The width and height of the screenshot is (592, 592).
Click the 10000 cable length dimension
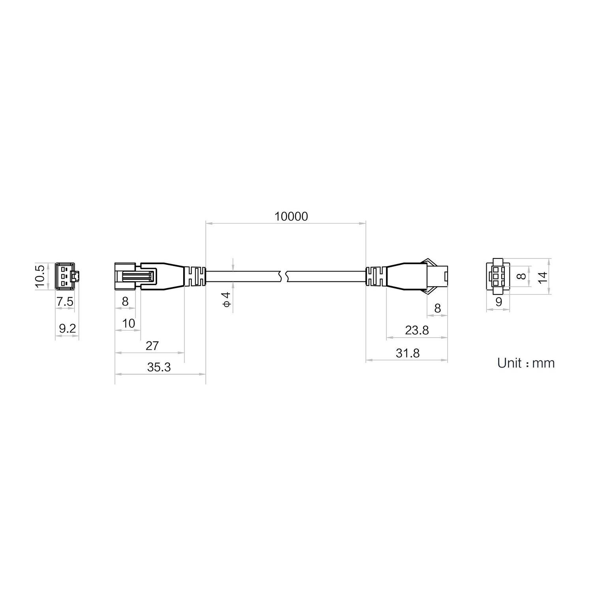(291, 216)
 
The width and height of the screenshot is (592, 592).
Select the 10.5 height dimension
(40, 275)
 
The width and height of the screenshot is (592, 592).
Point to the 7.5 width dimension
(65, 302)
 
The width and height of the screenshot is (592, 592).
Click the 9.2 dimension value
(67, 328)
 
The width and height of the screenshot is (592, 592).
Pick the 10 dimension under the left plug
(129, 324)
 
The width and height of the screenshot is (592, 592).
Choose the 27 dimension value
(152, 346)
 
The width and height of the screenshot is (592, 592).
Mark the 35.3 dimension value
(159, 367)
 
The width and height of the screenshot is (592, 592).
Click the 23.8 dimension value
(417, 330)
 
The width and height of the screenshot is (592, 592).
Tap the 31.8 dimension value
(408, 353)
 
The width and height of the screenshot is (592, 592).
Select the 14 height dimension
(543, 277)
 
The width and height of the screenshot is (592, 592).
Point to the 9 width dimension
(498, 302)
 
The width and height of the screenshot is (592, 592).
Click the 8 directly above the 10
(125, 302)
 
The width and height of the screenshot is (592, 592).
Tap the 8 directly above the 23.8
(437, 308)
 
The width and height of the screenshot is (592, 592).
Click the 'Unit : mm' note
(526, 363)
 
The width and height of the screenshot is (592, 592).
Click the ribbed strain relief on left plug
(196, 276)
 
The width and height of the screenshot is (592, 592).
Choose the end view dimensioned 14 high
(498, 276)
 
